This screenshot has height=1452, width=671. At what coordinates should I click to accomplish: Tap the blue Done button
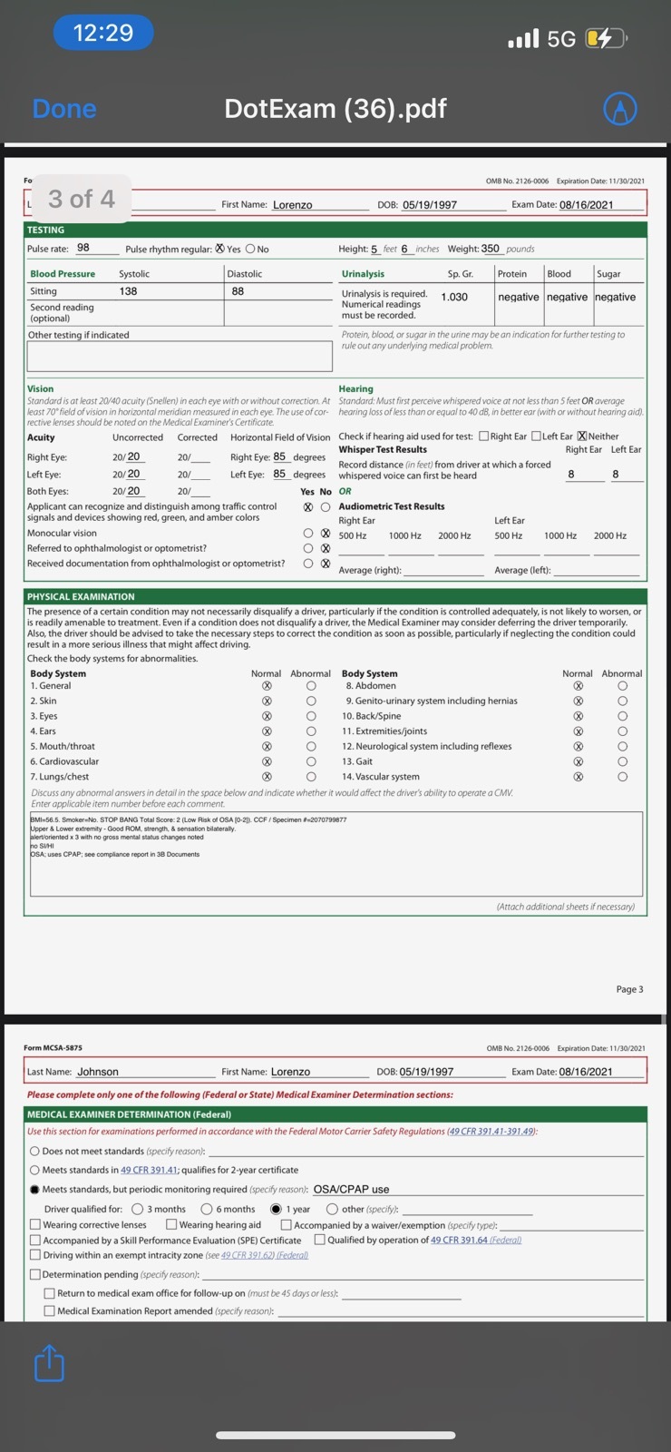pos(63,109)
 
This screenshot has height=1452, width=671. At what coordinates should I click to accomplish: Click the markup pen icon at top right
pos(620,109)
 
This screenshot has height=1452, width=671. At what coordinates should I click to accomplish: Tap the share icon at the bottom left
pos(49,1364)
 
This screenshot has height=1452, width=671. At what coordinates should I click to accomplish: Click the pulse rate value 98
pos(83,248)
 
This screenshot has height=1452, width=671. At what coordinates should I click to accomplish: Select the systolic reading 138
pos(128,291)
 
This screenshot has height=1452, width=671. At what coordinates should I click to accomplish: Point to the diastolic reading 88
pos(238,291)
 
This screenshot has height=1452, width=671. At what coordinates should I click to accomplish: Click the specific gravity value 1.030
pos(454,297)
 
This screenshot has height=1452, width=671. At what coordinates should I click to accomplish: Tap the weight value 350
pos(490,248)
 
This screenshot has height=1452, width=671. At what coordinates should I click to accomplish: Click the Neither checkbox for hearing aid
pos(582,437)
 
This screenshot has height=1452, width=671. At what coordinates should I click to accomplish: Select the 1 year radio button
pos(277,1209)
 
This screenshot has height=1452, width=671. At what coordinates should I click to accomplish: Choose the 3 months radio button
pos(138,1209)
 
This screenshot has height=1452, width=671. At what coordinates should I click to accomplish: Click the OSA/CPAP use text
pos(351,1189)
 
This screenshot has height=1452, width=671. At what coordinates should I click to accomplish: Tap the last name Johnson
pos(98,1072)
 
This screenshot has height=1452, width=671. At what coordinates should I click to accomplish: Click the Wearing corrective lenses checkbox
pos(35,1224)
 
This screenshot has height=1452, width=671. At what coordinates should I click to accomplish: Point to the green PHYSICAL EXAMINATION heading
pos(81,596)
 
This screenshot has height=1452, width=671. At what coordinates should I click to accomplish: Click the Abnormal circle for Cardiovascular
pos(311,761)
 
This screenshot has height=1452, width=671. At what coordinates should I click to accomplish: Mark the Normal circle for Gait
pos(578,761)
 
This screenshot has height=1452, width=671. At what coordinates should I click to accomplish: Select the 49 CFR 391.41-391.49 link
pos(491,1132)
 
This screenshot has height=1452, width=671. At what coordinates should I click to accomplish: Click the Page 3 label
pos(629,989)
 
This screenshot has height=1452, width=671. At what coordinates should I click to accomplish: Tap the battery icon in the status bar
pos(605,38)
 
